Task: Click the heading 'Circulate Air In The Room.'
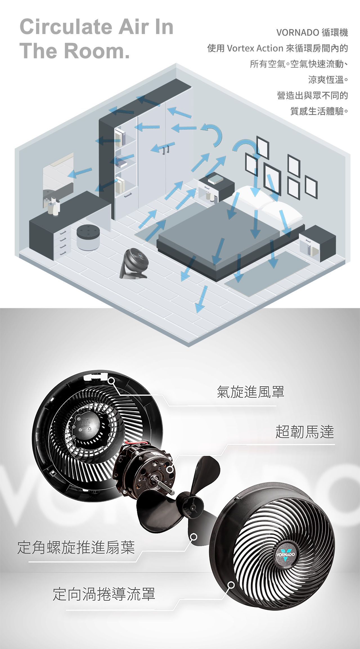tap(96, 39)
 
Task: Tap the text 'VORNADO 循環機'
tap(312, 33)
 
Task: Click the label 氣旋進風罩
tap(251, 392)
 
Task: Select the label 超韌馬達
tap(305, 432)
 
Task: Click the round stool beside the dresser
tap(88, 237)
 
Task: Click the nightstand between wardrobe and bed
tap(216, 187)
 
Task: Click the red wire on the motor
tap(137, 443)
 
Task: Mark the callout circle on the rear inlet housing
tap(111, 381)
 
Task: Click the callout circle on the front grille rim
tap(231, 585)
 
